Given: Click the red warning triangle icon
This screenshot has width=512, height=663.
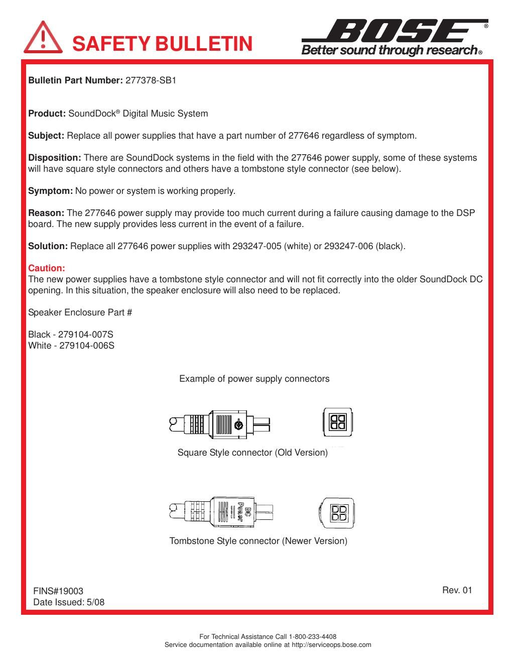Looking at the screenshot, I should (x=43, y=37).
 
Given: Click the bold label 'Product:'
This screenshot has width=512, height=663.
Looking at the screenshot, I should (x=47, y=114).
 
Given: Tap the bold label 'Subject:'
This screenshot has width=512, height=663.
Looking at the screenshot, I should (x=46, y=136).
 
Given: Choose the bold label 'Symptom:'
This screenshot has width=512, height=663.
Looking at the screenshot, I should (x=50, y=191).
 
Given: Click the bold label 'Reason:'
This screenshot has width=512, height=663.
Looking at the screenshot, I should (x=46, y=213).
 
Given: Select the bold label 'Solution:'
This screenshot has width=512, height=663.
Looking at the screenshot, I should (x=48, y=246).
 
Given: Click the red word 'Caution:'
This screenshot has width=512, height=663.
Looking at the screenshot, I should (x=47, y=268).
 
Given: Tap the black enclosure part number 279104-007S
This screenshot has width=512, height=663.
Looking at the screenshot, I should (x=87, y=335).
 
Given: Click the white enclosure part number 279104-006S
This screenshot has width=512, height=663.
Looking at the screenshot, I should (x=87, y=346).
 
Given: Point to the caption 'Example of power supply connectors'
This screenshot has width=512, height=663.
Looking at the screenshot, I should (x=254, y=379).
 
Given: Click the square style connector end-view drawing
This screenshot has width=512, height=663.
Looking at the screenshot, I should (x=337, y=422).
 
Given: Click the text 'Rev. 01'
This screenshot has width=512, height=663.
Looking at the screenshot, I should (x=457, y=590).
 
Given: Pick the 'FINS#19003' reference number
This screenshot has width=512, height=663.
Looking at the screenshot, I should (x=58, y=591).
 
